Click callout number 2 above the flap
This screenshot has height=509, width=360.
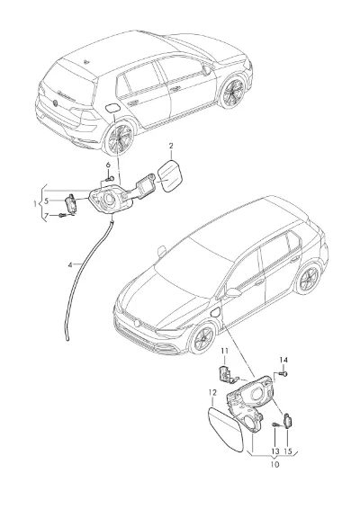(171, 146)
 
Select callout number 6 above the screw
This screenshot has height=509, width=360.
(108, 165)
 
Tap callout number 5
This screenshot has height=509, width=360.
(46, 201)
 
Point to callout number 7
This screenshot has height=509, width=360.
(46, 215)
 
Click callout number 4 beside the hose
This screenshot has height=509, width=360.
(70, 265)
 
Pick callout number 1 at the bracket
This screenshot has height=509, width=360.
(35, 204)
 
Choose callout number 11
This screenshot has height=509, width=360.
(225, 351)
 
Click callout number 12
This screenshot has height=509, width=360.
(212, 393)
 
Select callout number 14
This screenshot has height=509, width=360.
(283, 360)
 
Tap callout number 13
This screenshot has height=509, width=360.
(275, 451)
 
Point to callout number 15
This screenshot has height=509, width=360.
(288, 451)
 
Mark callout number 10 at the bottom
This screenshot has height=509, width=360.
(274, 465)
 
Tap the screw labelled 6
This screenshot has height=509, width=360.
(110, 178)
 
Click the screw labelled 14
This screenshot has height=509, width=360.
(284, 374)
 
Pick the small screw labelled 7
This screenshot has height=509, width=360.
(62, 215)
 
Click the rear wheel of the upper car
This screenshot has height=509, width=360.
(118, 138)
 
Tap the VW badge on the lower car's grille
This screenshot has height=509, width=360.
(137, 322)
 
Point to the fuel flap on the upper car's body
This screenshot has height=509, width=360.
(112, 108)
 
